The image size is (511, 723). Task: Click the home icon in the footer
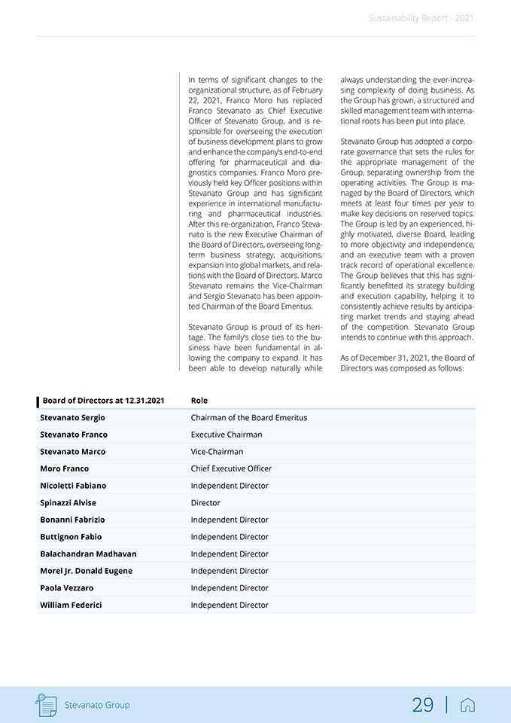coord(467,705)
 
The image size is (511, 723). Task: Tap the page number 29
coord(423,705)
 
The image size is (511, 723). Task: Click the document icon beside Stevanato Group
coord(47,705)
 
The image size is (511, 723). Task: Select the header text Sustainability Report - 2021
coord(421,18)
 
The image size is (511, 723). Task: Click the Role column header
coord(199,401)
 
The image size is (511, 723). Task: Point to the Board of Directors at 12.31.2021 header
coord(103,401)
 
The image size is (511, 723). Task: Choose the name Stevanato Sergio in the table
coord(72,417)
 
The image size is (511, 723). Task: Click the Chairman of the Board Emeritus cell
coord(249,417)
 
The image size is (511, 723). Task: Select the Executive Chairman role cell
coord(227,435)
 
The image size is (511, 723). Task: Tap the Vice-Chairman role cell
coord(217,452)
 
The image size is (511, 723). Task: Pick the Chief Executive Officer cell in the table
coord(231,468)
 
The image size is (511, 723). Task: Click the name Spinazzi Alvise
coord(68,502)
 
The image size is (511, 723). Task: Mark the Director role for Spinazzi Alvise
coord(205,502)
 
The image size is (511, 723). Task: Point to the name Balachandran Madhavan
coord(88,554)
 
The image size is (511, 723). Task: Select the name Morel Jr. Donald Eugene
coord(86,571)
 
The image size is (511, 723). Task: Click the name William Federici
coord(71,605)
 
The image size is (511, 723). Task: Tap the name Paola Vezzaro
coord(67,587)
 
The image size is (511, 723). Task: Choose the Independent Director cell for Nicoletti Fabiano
coord(230,486)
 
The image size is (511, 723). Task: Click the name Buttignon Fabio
coord(71,537)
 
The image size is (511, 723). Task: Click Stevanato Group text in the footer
coord(97,705)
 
